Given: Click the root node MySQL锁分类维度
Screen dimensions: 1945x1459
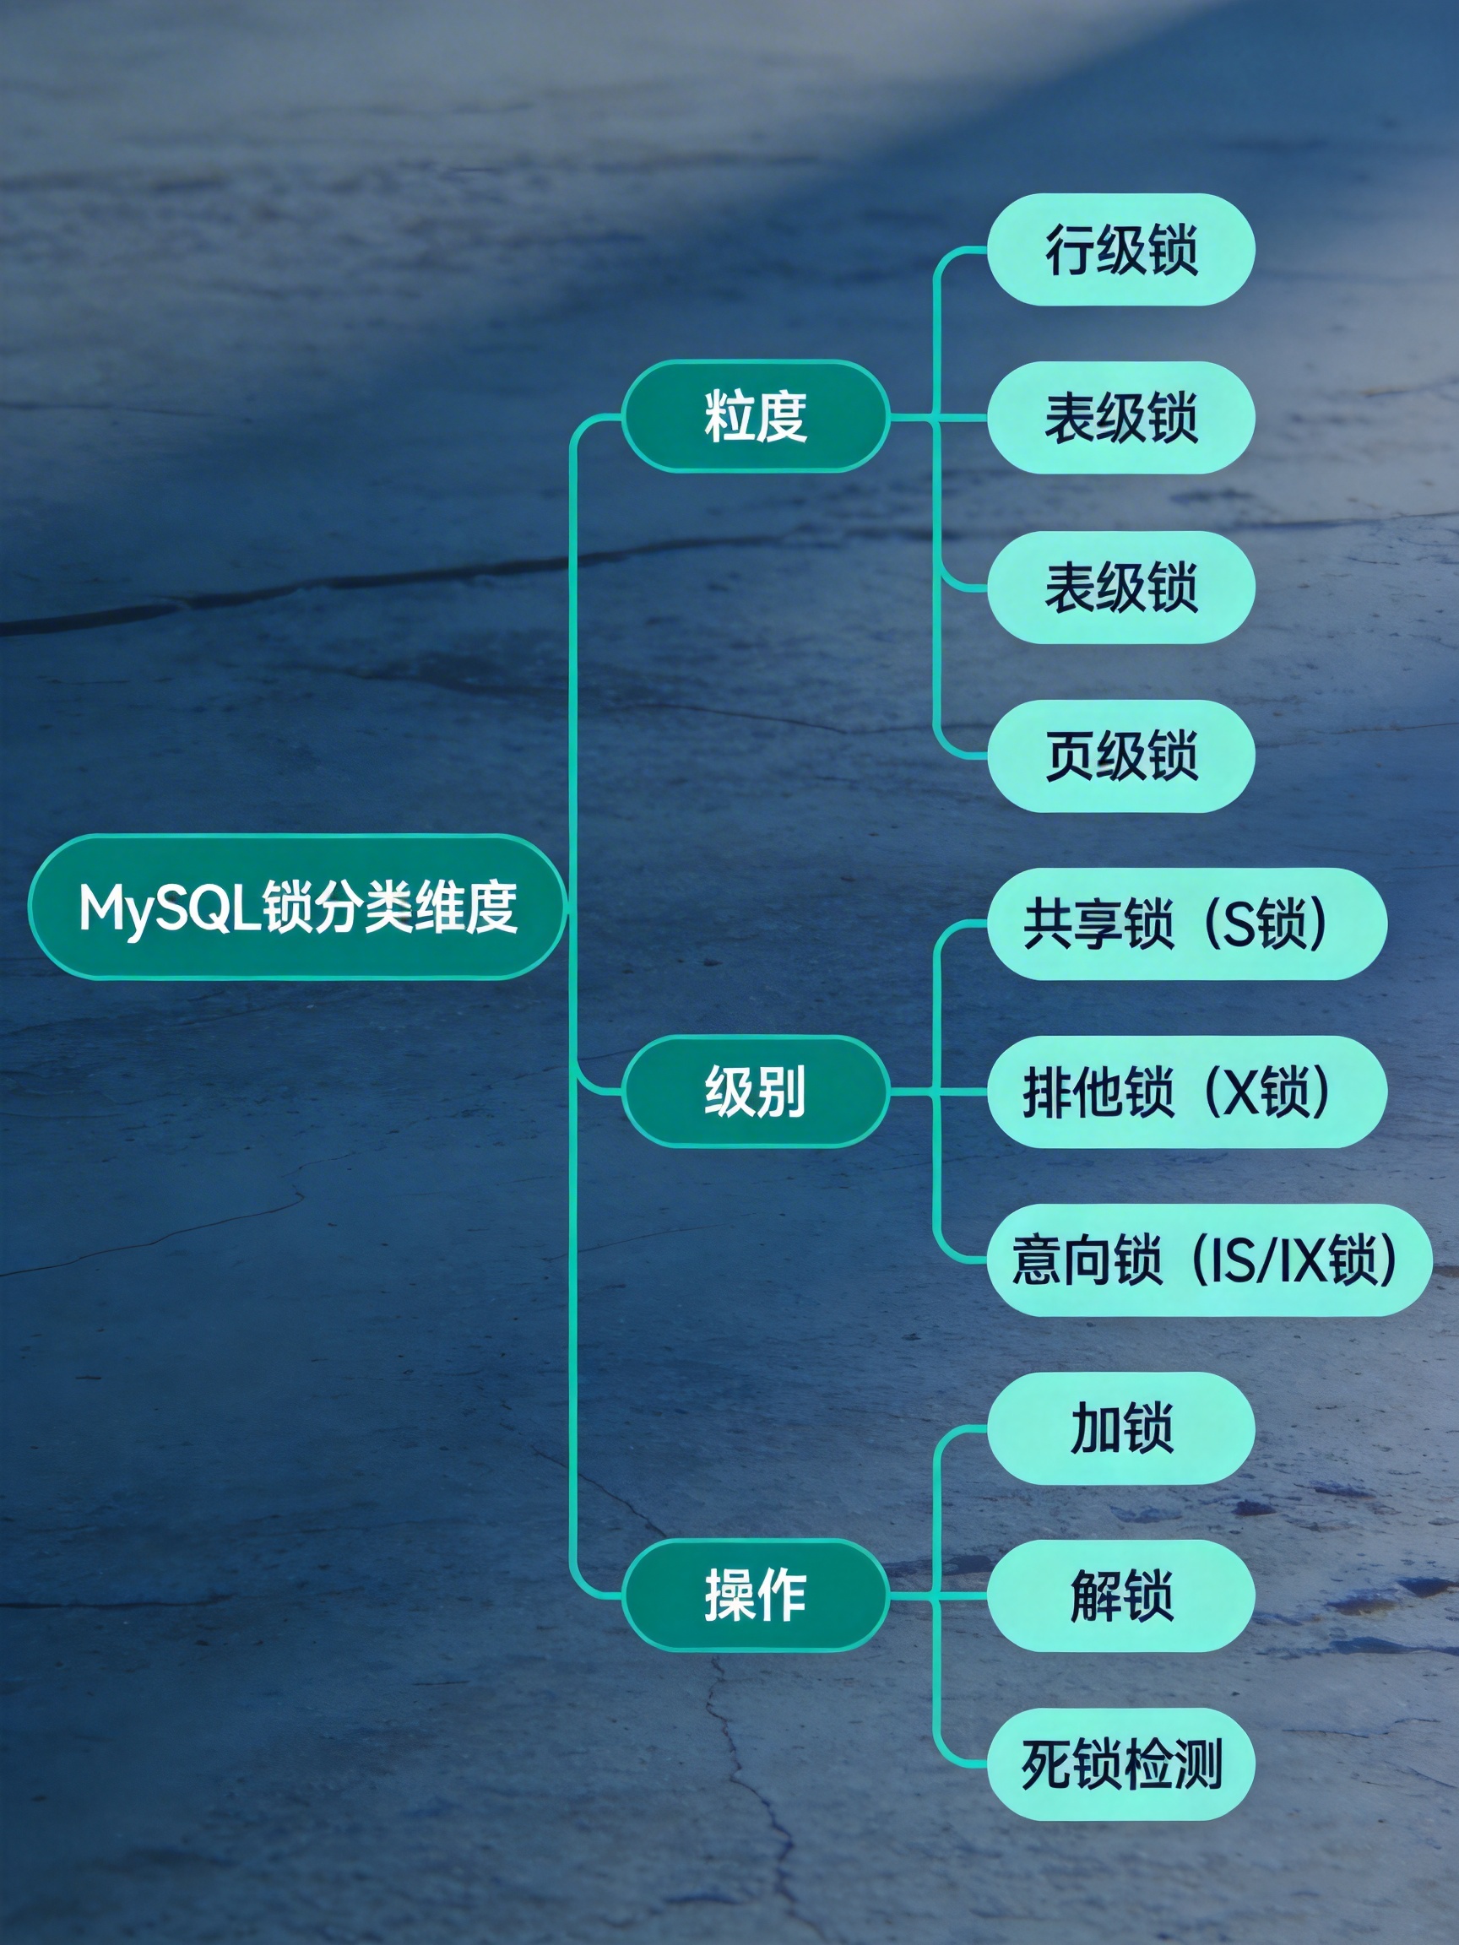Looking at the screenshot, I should click(x=297, y=907).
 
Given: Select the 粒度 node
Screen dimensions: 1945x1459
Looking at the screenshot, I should click(x=755, y=416).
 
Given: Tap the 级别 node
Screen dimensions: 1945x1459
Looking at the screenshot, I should click(x=755, y=1092).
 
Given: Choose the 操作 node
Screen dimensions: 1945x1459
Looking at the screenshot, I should click(x=755, y=1595).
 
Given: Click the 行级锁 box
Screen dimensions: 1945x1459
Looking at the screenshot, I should click(x=1120, y=251).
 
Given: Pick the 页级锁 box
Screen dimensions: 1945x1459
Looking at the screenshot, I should click(x=1120, y=756).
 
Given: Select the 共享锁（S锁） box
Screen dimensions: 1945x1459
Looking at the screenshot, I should click(x=1185, y=924).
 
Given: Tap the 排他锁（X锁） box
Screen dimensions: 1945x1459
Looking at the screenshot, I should click(x=1185, y=1092).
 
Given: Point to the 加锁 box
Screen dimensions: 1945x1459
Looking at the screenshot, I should click(x=1120, y=1428).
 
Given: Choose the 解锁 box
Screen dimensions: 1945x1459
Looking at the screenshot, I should click(x=1120, y=1595).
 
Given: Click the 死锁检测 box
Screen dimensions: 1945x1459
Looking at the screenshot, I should click(x=1120, y=1764).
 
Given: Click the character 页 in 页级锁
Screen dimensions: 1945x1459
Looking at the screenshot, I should click(x=1070, y=756).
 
